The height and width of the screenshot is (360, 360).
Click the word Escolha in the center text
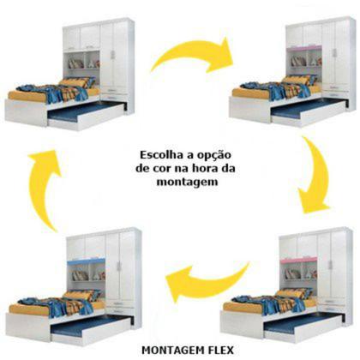point(157,154)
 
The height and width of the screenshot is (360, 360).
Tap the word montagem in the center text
point(181,181)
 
